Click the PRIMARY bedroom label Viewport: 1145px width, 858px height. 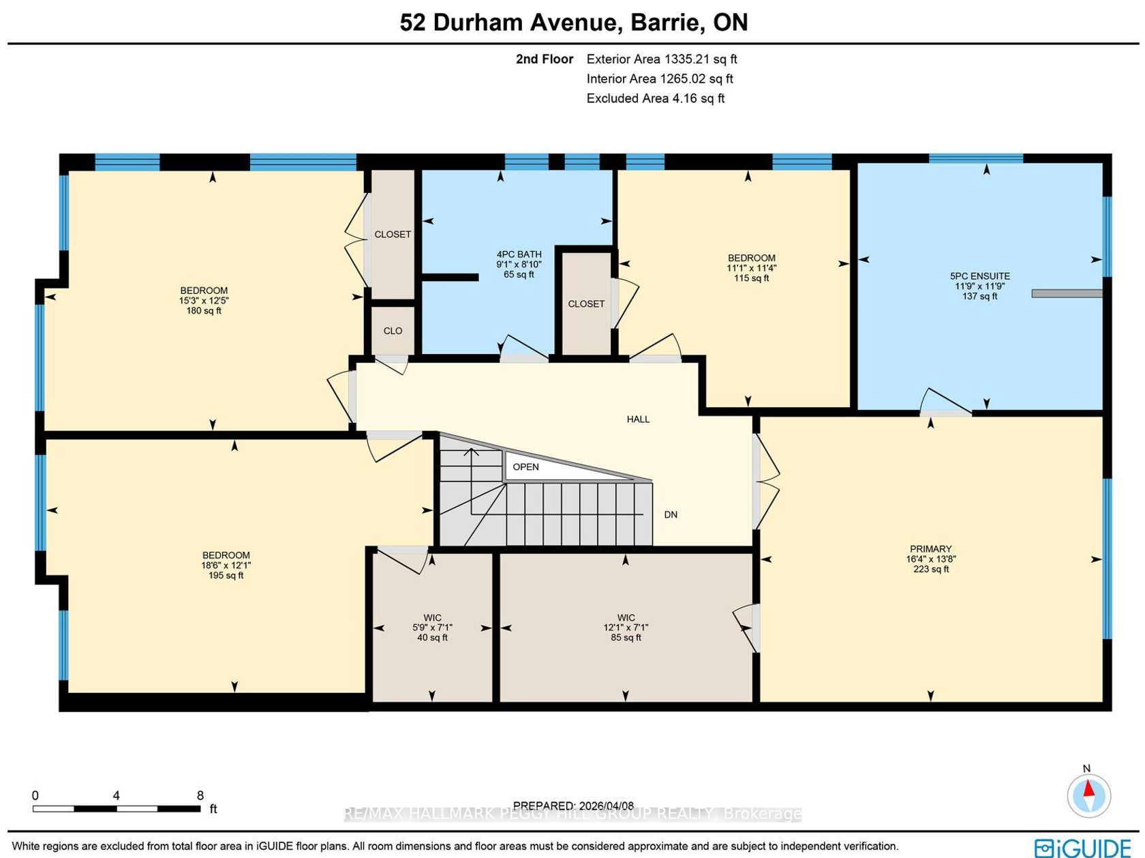pos(930,548)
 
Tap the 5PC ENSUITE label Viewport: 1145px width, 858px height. pos(979,276)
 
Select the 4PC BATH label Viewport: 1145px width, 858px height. pos(519,254)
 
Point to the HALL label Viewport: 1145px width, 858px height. pos(638,419)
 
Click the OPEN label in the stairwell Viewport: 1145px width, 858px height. pos(525,467)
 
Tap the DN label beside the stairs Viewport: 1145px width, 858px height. pos(671,514)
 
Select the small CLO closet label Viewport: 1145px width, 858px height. pos(393,331)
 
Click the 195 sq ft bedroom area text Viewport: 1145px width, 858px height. pos(226,575)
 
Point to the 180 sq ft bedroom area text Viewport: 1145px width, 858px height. pos(203,310)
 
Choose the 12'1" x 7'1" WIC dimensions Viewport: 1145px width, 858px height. pos(626,628)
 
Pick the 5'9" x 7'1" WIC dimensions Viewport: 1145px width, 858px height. pos(432,628)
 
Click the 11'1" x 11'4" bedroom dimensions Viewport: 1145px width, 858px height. pos(751,268)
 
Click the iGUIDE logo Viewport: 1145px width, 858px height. pos(1082,848)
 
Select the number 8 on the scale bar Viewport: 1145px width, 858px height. pos(200,795)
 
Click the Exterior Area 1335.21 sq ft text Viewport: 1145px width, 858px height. pos(661,59)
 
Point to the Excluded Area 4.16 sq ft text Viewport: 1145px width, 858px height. pos(655,98)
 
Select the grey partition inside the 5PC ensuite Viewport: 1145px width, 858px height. pos(1067,294)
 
